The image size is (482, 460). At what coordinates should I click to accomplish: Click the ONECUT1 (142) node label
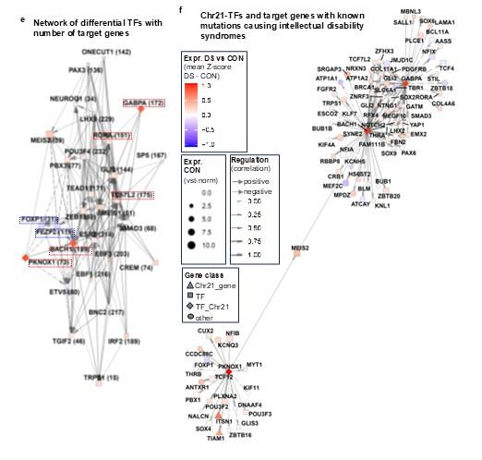coord(102,53)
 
